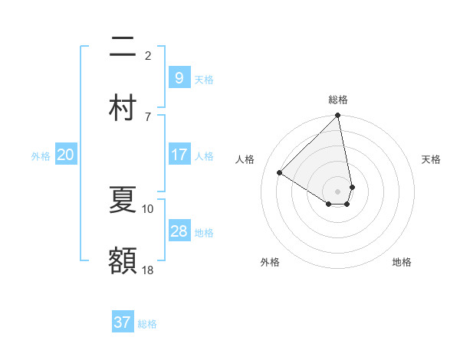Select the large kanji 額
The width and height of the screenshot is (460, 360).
click(123, 260)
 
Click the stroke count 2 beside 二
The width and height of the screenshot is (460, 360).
click(148, 55)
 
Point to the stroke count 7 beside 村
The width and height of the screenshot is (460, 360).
click(148, 116)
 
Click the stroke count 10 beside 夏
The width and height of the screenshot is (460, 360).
click(148, 208)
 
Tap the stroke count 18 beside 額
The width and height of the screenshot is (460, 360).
click(148, 270)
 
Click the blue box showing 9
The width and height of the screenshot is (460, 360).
click(179, 78)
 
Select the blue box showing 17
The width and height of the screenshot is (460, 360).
click(179, 155)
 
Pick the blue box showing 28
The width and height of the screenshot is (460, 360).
click(179, 231)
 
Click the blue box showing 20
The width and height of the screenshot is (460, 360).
click(65, 155)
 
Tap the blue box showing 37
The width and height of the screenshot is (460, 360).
click(122, 322)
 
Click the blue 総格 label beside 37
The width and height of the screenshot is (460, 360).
click(147, 324)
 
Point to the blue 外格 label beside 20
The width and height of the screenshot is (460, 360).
click(41, 156)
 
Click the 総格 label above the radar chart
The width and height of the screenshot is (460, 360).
click(338, 100)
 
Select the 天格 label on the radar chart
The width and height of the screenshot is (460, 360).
click(431, 159)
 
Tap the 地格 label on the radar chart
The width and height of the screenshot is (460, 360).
click(402, 262)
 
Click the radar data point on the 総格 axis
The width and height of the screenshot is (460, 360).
click(337, 116)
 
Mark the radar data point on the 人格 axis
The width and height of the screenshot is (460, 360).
click(280, 172)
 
